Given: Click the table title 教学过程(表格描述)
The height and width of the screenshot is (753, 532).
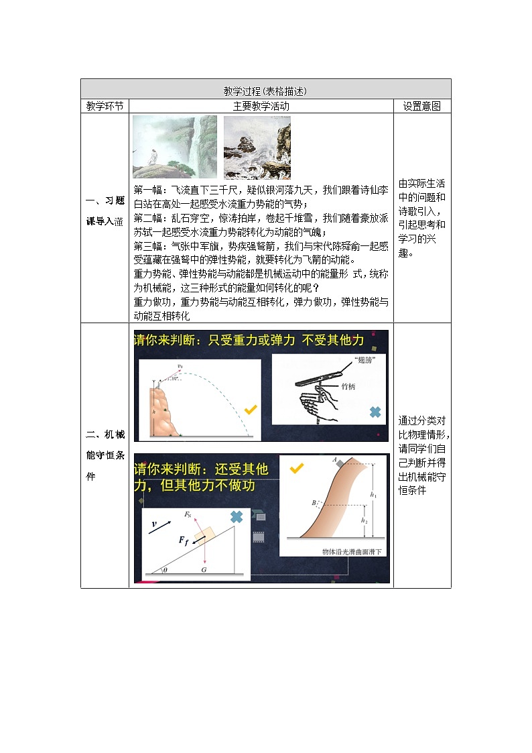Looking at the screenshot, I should click(x=265, y=91).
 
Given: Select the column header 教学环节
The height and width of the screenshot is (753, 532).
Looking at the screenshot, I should click(x=105, y=106).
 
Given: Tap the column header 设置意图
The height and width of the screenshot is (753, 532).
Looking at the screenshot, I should click(x=421, y=106).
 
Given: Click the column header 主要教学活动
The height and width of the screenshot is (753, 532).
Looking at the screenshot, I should click(x=261, y=106).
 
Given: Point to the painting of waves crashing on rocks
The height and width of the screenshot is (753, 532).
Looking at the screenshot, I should click(x=257, y=147).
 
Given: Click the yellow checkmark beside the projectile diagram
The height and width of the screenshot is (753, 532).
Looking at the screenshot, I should click(x=249, y=409).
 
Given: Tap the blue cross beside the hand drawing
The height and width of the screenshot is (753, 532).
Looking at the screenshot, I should click(x=375, y=412).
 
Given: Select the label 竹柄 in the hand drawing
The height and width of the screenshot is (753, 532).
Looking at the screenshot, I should click(x=348, y=387).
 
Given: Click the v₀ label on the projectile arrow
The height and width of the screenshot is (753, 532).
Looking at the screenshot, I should click(x=180, y=366).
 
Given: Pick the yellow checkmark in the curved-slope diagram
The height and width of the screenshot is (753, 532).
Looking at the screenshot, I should click(x=295, y=469).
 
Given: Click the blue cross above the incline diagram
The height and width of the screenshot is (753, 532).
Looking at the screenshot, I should click(x=236, y=516).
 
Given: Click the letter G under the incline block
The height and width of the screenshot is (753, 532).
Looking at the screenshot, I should click(x=203, y=569).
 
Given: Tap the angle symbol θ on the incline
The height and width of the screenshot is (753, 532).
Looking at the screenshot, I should click(x=165, y=569).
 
